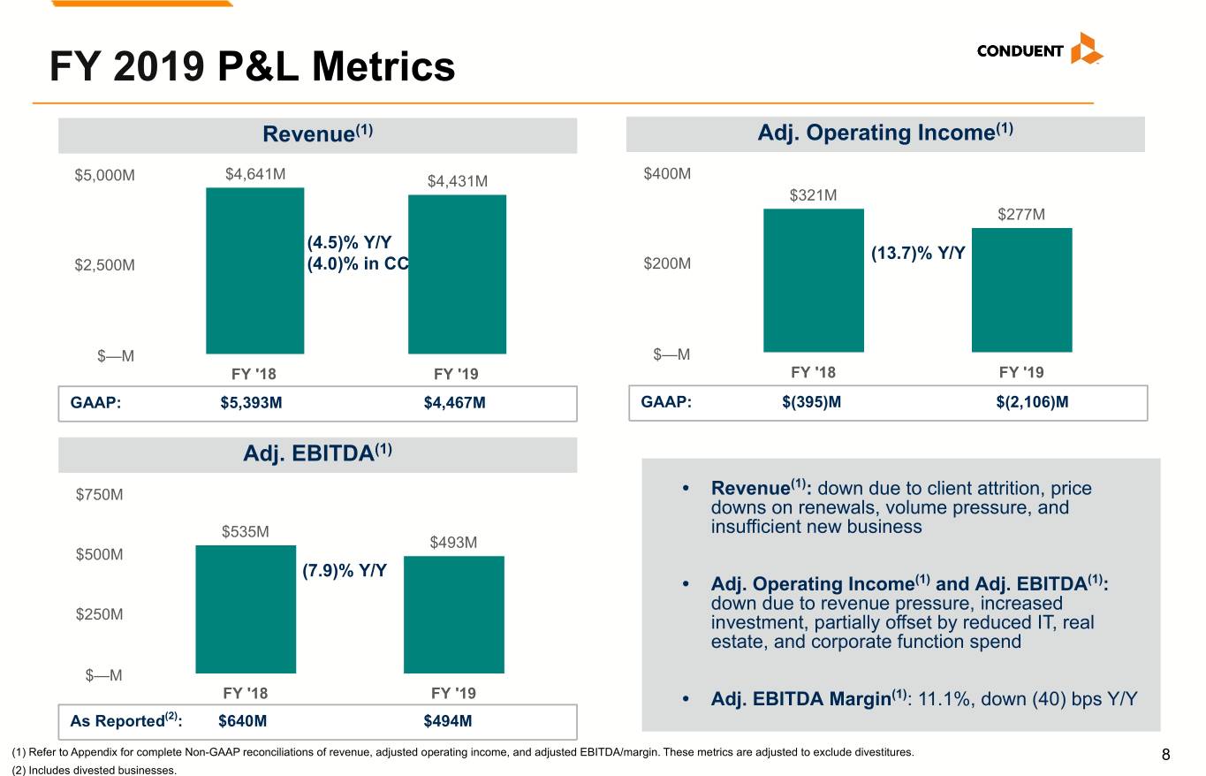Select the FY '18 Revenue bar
254,270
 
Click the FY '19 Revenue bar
457,274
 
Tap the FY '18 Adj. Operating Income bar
814,280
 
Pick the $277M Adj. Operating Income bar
1022,290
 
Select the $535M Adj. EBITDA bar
246,609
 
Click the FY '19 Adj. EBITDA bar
454,614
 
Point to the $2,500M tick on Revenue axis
104,265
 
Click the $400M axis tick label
667,173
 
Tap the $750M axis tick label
99,494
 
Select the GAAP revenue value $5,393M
251,402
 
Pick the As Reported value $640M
242,720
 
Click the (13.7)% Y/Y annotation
918,253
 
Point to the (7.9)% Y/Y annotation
345,570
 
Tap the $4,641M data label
255,174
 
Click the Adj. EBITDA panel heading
318,453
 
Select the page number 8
1165,755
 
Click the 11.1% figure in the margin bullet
941,698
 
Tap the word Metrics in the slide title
383,66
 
